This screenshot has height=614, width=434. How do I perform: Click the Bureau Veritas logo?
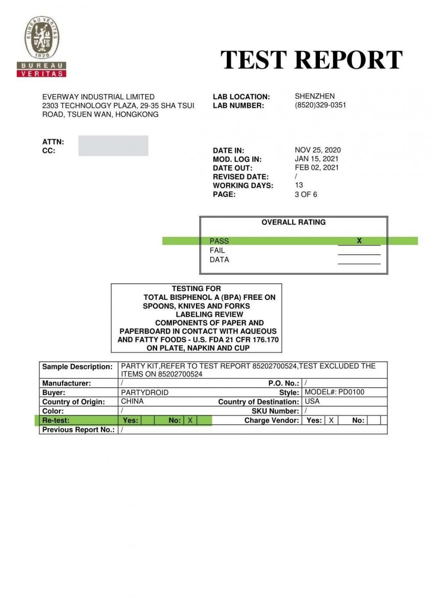pyautogui.click(x=41, y=46)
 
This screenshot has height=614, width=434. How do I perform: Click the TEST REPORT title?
pyautogui.click(x=311, y=60)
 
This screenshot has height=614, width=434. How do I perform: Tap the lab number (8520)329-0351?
pyautogui.click(x=320, y=105)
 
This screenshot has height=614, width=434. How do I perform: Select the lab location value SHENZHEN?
pyautogui.click(x=315, y=96)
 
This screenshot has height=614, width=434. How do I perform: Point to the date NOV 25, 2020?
pyautogui.click(x=318, y=150)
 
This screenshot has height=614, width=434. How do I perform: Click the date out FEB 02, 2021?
pyautogui.click(x=317, y=167)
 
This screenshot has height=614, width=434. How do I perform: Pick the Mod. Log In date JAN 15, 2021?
pyautogui.click(x=317, y=159)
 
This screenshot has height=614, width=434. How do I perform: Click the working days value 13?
pyautogui.click(x=299, y=185)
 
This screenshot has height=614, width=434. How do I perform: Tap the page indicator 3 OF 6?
pyautogui.click(x=306, y=194)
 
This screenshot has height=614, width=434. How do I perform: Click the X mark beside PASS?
pyautogui.click(x=359, y=240)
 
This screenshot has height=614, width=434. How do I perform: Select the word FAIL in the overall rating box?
pyautogui.click(x=217, y=250)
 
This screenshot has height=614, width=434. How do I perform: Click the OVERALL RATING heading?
pyautogui.click(x=293, y=222)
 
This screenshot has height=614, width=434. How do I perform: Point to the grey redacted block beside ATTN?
pyautogui.click(x=113, y=145)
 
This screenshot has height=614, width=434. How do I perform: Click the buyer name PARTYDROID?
pyautogui.click(x=144, y=392)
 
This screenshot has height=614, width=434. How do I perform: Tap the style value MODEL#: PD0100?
pyautogui.click(x=334, y=392)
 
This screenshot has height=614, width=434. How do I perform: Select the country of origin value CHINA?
pyautogui.click(x=132, y=402)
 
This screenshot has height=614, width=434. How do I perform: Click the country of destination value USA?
pyautogui.click(x=312, y=402)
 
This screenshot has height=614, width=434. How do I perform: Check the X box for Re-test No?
pyautogui.click(x=190, y=420)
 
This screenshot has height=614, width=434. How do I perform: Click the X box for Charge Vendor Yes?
pyautogui.click(x=331, y=420)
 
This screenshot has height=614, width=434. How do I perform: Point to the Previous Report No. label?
pyautogui.click(x=78, y=430)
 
